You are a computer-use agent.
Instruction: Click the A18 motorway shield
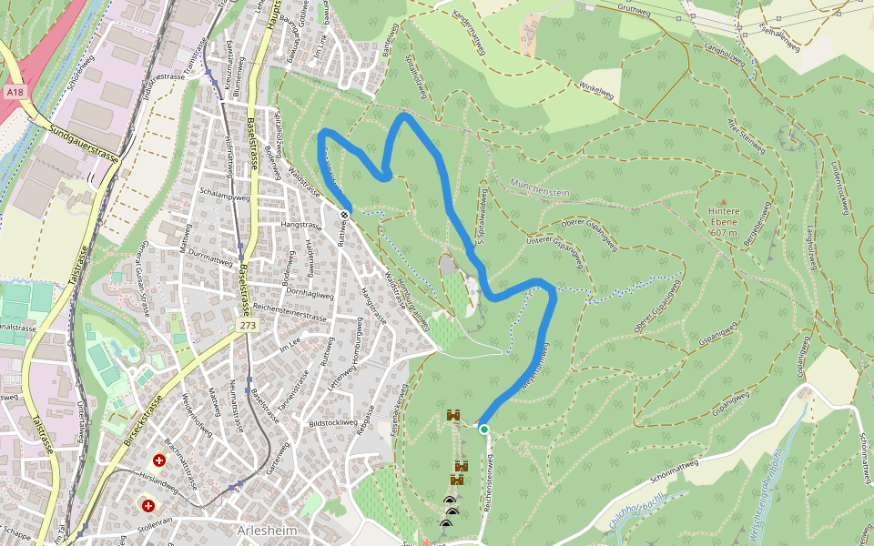tap(13, 93)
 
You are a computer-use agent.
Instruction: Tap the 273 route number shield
tap(247, 325)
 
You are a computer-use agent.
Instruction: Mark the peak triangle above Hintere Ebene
tap(724, 202)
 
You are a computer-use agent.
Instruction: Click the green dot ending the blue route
tap(484, 430)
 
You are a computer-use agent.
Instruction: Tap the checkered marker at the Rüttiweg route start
tap(345, 215)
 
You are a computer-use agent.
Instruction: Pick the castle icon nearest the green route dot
tap(453, 416)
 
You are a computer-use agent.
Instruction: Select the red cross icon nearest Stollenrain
tap(147, 504)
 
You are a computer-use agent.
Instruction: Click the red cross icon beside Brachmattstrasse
tap(160, 460)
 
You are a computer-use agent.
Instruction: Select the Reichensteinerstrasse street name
tap(290, 311)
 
